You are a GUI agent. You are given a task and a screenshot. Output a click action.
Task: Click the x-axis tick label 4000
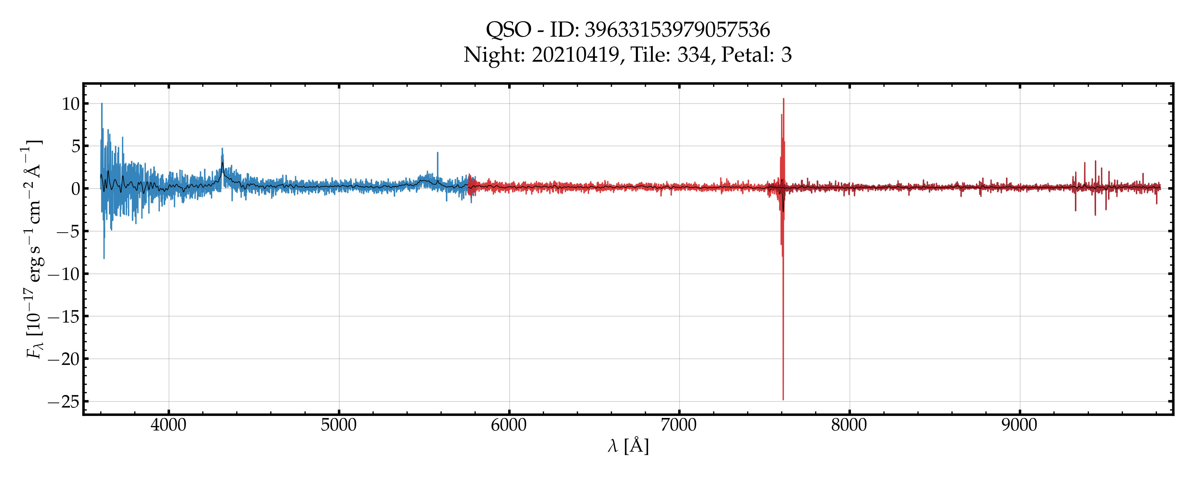pyautogui.click(x=169, y=425)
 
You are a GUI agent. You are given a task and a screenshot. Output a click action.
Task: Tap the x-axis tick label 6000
pyautogui.click(x=509, y=425)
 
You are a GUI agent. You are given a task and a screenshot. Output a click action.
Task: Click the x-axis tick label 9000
pyautogui.click(x=1019, y=425)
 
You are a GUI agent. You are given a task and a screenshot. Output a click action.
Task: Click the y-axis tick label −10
pyautogui.click(x=64, y=274)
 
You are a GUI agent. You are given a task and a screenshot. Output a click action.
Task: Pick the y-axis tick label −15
pyautogui.click(x=64, y=317)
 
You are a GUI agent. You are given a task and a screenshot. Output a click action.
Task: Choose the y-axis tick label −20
pyautogui.click(x=64, y=359)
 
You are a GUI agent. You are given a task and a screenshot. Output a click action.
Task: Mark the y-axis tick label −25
pyautogui.click(x=64, y=402)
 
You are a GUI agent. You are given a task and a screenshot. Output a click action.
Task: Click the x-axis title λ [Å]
pyautogui.click(x=628, y=446)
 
